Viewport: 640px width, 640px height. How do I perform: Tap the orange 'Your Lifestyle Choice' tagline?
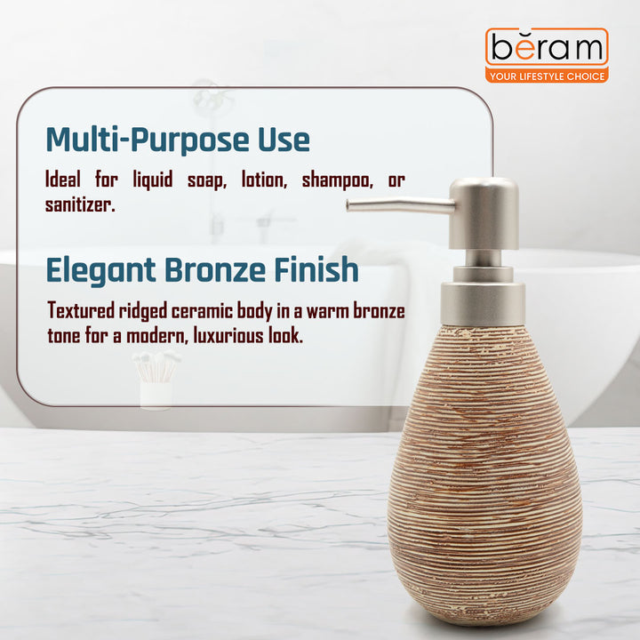point(547,76)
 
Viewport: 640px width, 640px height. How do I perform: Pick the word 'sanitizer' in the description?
point(80,204)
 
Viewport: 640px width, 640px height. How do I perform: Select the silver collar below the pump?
point(484,303)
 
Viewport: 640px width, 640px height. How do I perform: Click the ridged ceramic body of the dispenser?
point(484,480)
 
